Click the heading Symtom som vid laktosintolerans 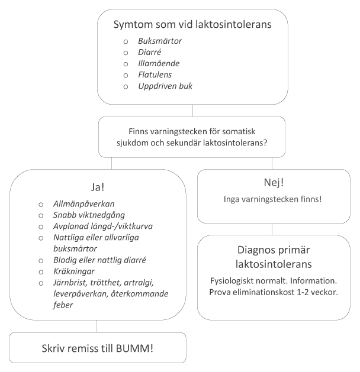coord(192,25)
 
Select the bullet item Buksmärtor coord(160,41)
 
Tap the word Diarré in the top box coord(150,53)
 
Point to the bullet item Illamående coord(159,64)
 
